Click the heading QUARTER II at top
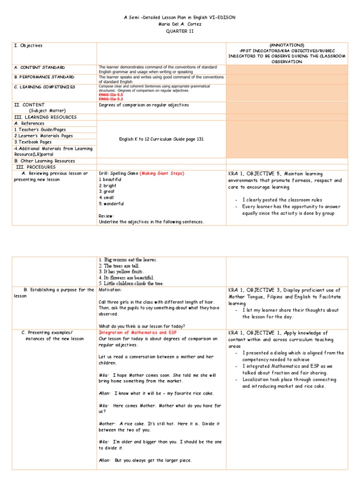pyautogui.click(x=180, y=31)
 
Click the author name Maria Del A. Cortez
pyautogui.click(x=180, y=24)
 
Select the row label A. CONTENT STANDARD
pyautogui.click(x=40, y=67)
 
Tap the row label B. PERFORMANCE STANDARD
pyautogui.click(x=45, y=77)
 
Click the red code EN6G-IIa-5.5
pyautogui.click(x=111, y=95)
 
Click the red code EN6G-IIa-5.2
pyautogui.click(x=111, y=99)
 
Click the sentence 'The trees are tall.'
pyautogui.click(x=120, y=266)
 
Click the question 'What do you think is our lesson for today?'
pyautogui.click(x=142, y=326)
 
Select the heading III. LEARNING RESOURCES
pyautogui.click(x=45, y=117)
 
